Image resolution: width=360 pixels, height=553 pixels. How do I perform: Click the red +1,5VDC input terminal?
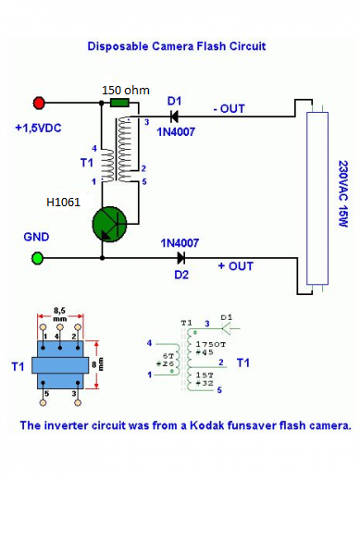click(39, 103)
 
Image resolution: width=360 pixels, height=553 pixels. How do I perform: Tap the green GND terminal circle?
click(37, 258)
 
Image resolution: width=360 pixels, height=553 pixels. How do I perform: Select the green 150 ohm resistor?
click(119, 103)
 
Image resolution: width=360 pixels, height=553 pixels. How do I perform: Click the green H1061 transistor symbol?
click(109, 225)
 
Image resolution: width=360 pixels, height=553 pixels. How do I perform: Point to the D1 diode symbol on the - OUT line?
click(174, 117)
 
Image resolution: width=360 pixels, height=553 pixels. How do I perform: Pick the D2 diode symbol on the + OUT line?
click(181, 258)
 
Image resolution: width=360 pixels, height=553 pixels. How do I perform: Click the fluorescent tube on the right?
click(317, 198)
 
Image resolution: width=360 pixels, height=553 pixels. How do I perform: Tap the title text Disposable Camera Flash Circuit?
click(177, 46)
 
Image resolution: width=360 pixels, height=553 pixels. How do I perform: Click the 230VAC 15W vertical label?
click(343, 193)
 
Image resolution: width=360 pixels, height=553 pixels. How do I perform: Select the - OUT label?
click(230, 108)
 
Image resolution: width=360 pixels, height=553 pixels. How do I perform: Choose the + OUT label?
click(236, 266)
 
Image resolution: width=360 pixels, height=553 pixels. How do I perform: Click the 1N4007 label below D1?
click(176, 132)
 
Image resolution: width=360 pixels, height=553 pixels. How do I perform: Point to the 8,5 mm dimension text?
click(59, 314)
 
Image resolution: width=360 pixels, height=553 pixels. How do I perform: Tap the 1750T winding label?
click(211, 344)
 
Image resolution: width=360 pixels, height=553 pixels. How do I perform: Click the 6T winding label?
click(168, 356)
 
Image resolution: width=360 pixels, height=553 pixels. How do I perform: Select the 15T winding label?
click(205, 375)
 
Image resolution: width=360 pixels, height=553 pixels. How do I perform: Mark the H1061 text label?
click(64, 203)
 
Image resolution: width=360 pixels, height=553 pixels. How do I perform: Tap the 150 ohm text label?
click(126, 91)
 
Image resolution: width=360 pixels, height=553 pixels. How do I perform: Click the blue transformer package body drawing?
click(60, 364)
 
